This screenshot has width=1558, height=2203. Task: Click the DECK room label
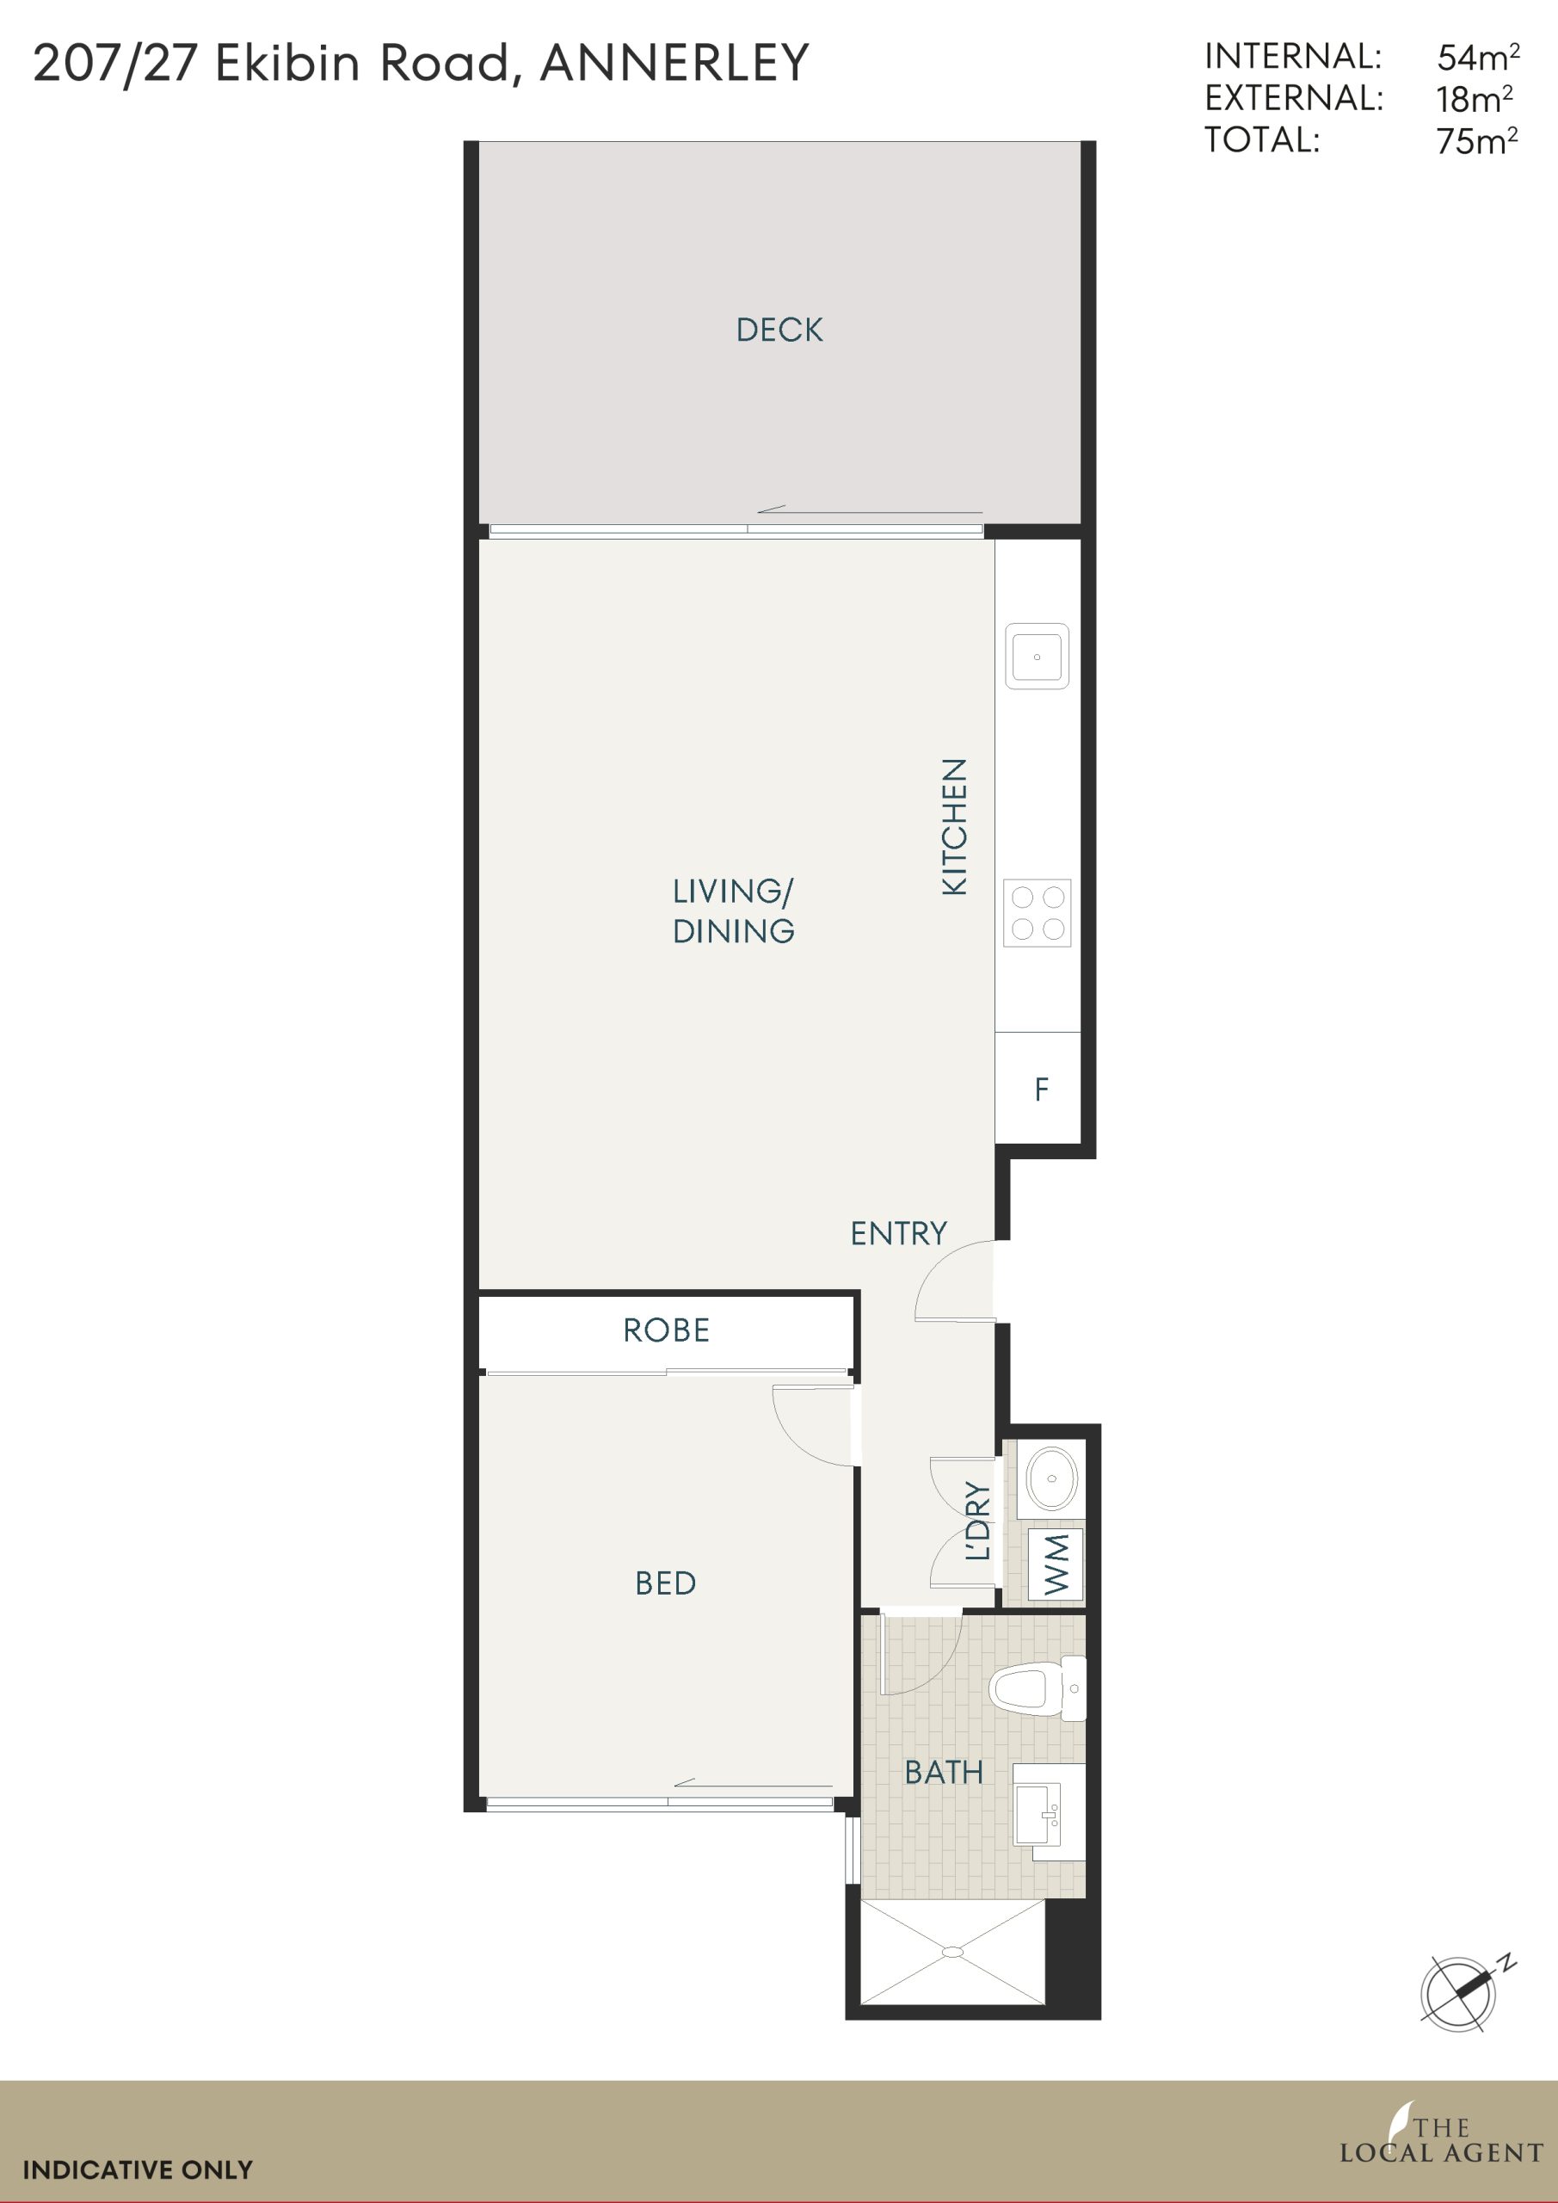coord(779,330)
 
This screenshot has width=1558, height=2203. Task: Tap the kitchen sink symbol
coord(1037,657)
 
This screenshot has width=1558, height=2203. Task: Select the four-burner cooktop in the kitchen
coord(1037,912)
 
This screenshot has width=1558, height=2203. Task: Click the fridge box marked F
coord(1038,1087)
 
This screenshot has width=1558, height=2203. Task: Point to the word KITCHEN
coord(955,827)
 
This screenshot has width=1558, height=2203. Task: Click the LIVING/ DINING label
coord(734,910)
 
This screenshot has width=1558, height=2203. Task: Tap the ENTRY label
coord(899,1233)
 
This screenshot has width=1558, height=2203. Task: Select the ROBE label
coord(667,1330)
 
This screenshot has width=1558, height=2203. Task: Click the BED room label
coord(666,1583)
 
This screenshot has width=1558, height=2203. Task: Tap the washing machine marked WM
coord(1056,1564)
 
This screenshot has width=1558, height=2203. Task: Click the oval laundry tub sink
coord(1051,1478)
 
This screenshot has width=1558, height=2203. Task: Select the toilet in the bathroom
coord(1037,1688)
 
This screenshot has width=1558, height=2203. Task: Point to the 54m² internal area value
coord(1477,58)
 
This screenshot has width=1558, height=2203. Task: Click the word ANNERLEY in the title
coord(674,64)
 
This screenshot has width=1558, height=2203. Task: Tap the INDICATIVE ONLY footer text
coord(137,2169)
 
